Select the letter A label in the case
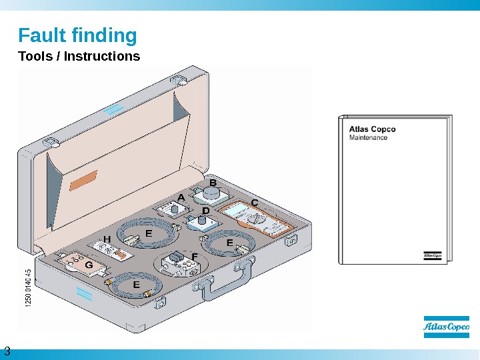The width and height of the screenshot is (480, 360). (181, 197)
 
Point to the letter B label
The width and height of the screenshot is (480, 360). (213, 181)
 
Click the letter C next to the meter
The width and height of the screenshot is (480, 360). (253, 202)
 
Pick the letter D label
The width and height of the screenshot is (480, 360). (206, 211)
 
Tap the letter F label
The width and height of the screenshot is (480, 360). (195, 255)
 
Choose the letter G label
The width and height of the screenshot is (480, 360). (89, 265)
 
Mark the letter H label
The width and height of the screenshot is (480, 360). (106, 239)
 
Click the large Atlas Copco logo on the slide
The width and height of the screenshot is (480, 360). (446, 327)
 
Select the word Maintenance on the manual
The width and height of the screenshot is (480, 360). (369, 138)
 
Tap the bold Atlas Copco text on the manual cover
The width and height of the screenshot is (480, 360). (373, 129)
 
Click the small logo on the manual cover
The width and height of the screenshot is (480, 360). (432, 255)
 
